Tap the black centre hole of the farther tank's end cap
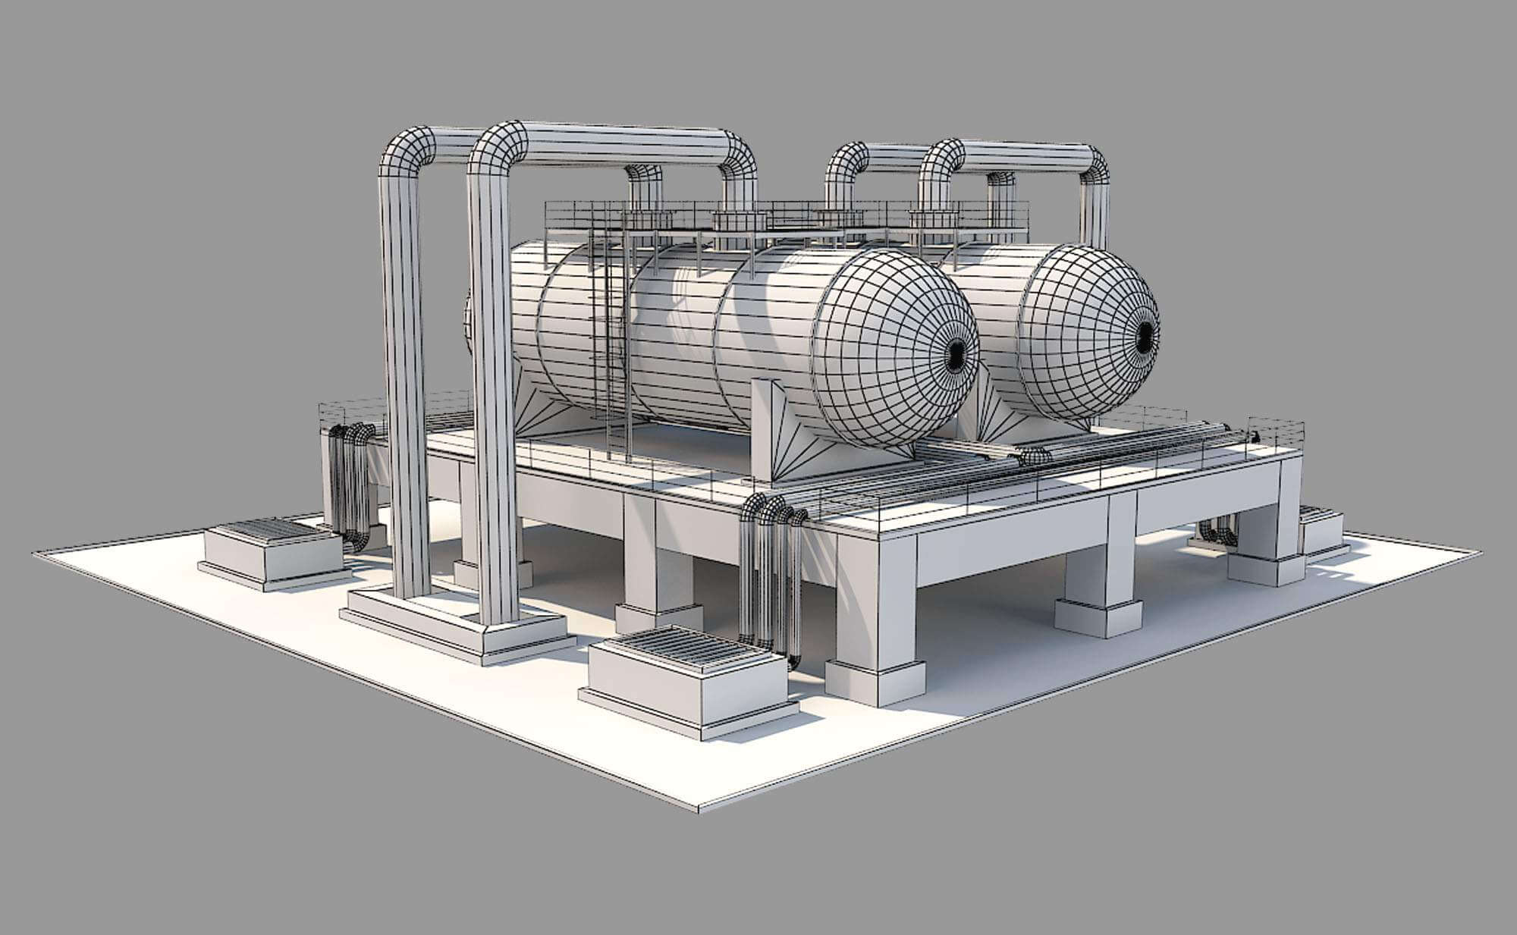click(x=1145, y=334)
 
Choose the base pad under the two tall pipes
click(x=455, y=622)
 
